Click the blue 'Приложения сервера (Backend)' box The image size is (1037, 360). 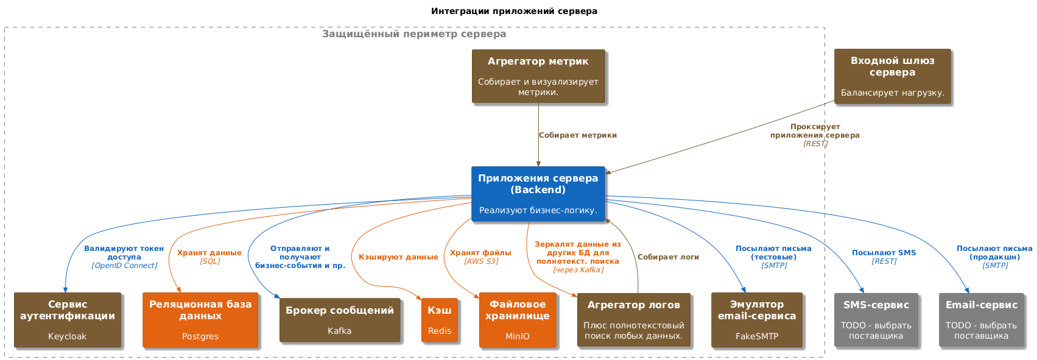coord(538,194)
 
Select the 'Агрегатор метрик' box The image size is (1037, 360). coord(538,76)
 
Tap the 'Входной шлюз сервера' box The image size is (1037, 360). coord(893,77)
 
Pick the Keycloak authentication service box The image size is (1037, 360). coord(68,320)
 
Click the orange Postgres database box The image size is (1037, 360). coord(200,320)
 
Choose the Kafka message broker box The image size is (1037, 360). coord(340,320)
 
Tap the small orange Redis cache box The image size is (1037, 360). coord(439,320)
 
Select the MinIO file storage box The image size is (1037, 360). coord(518,320)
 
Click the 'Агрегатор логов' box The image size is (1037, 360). coord(634,320)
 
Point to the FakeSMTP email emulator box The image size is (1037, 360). coord(757,320)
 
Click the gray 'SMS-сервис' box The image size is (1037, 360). coord(876,320)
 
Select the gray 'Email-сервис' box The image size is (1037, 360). coord(982,320)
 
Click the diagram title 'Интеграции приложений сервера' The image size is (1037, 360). coord(514,11)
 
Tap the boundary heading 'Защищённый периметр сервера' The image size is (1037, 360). coord(414,34)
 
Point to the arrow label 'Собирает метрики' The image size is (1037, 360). coord(578,135)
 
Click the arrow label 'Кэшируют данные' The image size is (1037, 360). coord(398,257)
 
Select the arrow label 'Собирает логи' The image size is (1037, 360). coord(668,257)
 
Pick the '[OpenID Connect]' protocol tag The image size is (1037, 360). coord(124,266)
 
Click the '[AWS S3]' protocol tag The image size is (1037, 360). coord(481,261)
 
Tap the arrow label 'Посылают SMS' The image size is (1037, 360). coord(884,253)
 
